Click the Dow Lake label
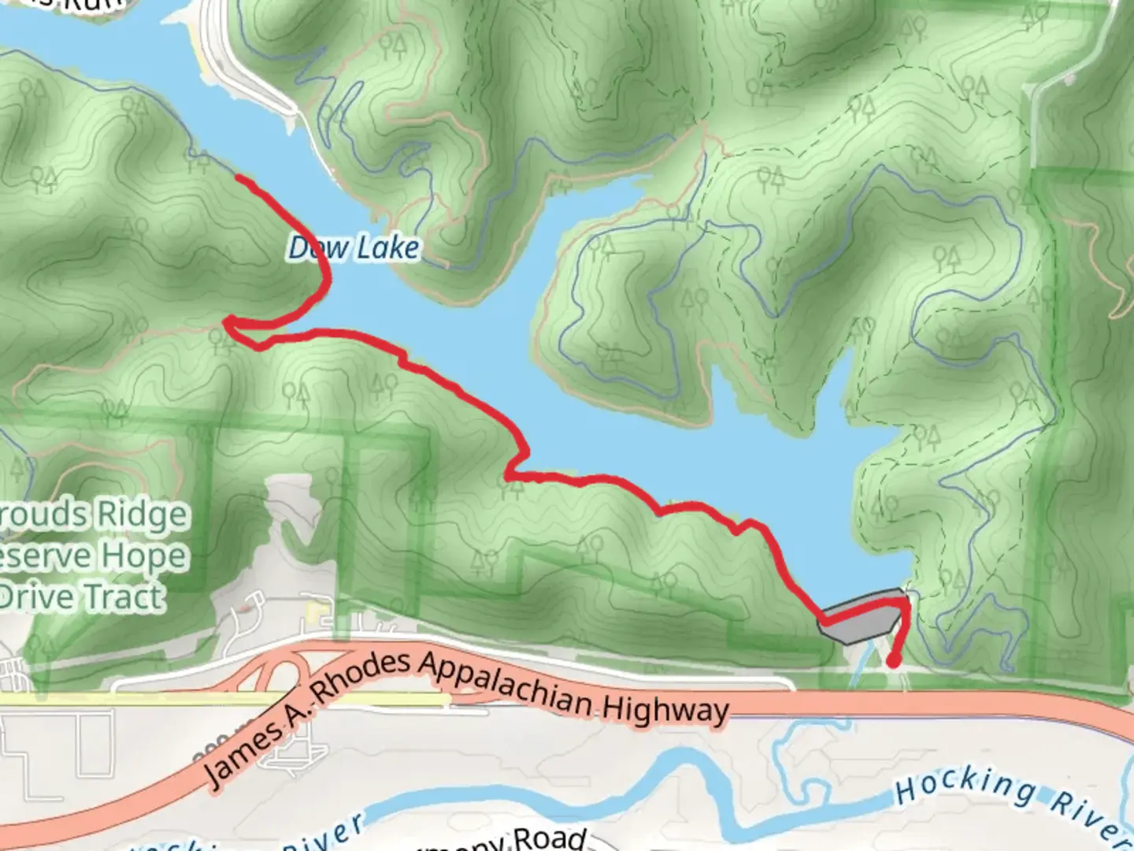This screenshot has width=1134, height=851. [x=354, y=248]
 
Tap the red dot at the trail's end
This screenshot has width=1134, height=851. [x=894, y=660]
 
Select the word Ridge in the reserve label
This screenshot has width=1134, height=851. [x=142, y=515]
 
